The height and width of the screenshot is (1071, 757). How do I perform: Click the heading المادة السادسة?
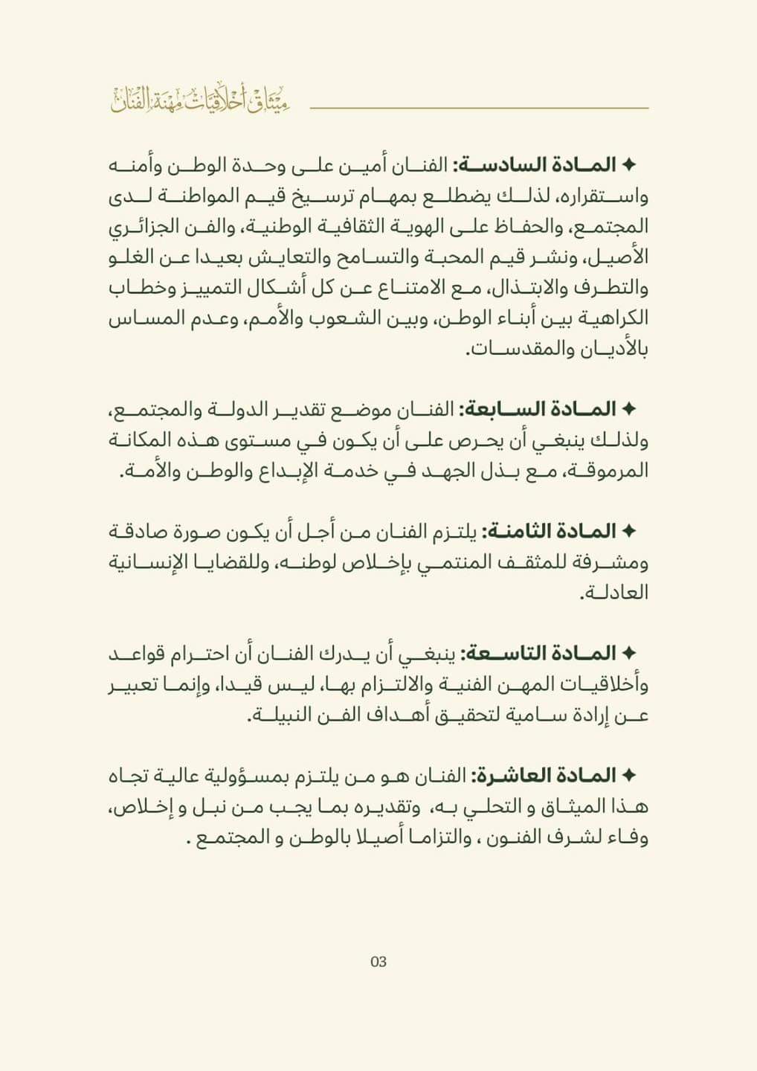pyautogui.click(x=535, y=165)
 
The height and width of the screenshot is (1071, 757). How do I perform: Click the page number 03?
pyautogui.click(x=378, y=962)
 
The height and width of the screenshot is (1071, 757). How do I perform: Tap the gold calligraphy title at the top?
pyautogui.click(x=200, y=100)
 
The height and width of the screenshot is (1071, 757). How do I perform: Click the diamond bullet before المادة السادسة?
pyautogui.click(x=628, y=165)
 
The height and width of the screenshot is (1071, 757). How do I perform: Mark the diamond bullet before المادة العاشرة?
pyautogui.click(x=628, y=776)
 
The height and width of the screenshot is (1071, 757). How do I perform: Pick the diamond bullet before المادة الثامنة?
pyautogui.click(x=628, y=531)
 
